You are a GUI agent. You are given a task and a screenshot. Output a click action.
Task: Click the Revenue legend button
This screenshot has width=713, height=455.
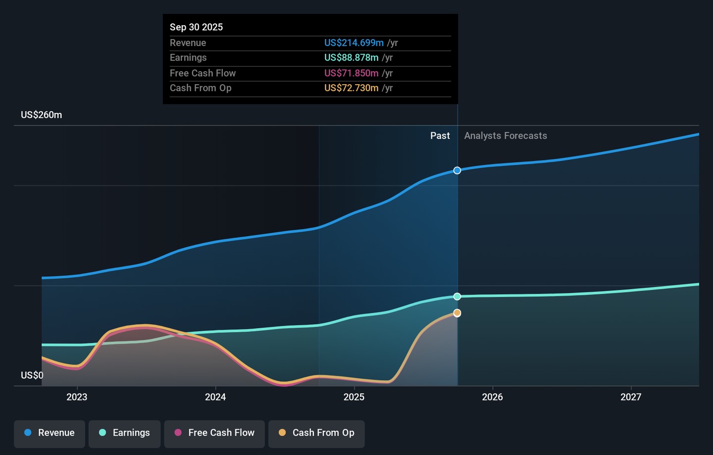pos(50,433)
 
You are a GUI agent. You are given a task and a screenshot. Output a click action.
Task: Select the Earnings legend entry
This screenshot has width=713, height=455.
pos(124,433)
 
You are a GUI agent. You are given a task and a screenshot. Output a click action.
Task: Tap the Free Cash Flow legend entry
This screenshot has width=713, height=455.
pos(214,433)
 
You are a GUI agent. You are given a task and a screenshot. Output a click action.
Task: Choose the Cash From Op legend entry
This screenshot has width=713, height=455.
pos(316,433)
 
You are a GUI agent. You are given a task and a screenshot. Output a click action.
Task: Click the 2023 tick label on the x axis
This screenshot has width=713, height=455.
pos(77,397)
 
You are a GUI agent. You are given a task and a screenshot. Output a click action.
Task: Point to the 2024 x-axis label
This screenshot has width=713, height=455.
pos(215,397)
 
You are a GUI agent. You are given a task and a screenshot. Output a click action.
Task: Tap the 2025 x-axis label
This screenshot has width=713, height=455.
pos(354,397)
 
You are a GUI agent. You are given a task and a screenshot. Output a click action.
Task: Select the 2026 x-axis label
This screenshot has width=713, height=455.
pos(492,397)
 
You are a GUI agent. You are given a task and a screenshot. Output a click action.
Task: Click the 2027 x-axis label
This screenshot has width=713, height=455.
pos(631,397)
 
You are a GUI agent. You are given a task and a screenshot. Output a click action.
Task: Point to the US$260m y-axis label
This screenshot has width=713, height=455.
pos(42,115)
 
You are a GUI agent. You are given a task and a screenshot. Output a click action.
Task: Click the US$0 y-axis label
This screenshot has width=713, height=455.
pos(32,375)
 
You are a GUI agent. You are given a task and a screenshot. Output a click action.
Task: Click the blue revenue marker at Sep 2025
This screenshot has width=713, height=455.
pos(457,170)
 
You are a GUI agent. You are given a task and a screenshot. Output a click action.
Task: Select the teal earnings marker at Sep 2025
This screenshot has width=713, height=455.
pos(457,297)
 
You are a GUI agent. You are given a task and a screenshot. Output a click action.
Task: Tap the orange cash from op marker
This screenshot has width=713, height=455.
pos(457,313)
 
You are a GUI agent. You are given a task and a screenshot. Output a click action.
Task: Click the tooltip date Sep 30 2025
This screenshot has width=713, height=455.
pos(196,27)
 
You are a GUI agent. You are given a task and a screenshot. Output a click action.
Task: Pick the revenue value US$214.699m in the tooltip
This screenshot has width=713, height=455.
pos(354,43)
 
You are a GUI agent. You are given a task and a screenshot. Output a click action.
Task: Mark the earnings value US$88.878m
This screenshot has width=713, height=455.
pos(351,58)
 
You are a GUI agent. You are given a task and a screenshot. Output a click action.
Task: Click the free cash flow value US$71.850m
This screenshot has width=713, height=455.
pos(351,73)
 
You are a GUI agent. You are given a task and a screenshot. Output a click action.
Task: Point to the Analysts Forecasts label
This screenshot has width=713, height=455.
pos(506,136)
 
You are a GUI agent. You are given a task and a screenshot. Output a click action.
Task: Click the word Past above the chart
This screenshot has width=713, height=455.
pos(440,136)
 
